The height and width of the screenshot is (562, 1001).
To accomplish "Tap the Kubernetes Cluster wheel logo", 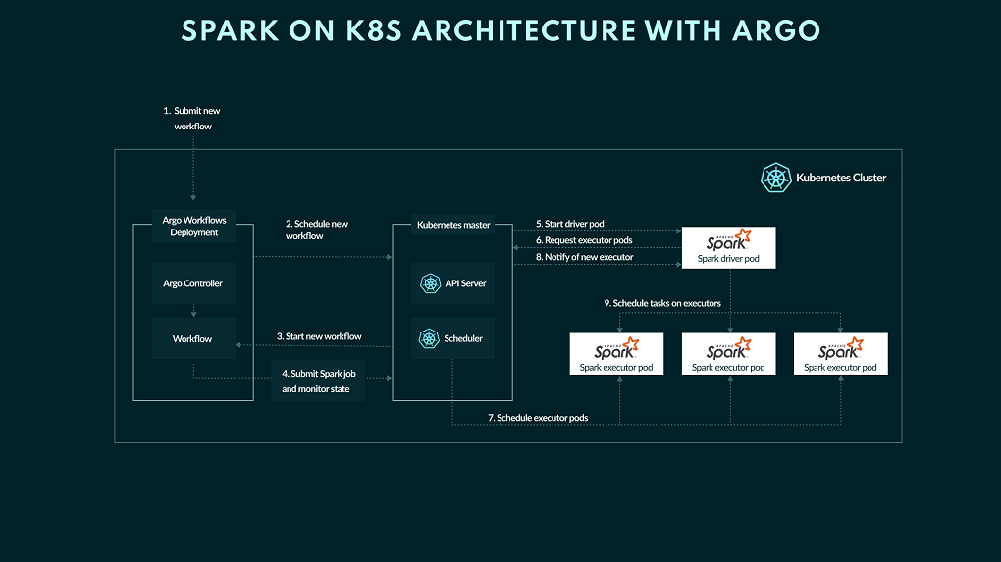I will point(776,178).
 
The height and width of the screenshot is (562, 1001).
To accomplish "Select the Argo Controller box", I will point(193,283).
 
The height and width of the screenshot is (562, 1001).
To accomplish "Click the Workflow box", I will point(193,339).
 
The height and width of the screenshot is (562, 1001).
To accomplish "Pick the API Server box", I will point(452,283).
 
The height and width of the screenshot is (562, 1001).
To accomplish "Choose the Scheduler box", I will point(452,338).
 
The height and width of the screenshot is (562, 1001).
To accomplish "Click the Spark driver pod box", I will point(728,247).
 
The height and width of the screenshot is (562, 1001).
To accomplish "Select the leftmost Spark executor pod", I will point(616,354).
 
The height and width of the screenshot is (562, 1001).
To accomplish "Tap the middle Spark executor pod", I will point(728,354).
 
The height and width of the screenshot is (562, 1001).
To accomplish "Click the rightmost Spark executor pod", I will point(840,354).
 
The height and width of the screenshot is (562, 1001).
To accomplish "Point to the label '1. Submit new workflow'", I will point(191,119).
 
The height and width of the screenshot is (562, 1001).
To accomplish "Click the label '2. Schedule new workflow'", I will point(317,230).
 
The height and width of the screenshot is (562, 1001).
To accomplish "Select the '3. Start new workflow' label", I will point(319,336).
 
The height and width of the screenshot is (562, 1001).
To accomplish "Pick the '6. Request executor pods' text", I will point(584,240).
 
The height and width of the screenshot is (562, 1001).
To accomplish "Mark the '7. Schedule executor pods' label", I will point(539,418).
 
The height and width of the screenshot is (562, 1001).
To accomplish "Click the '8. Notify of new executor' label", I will point(584,257).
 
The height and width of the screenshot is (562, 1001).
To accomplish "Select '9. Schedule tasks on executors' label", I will point(662,303).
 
